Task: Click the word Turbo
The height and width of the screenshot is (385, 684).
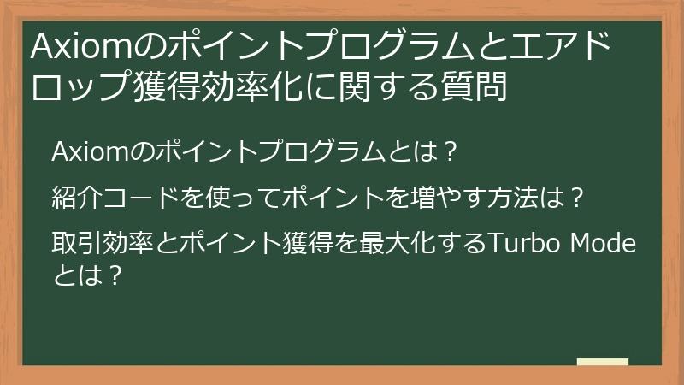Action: tap(519, 244)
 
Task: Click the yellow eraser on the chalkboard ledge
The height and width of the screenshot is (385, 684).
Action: tap(603, 361)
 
